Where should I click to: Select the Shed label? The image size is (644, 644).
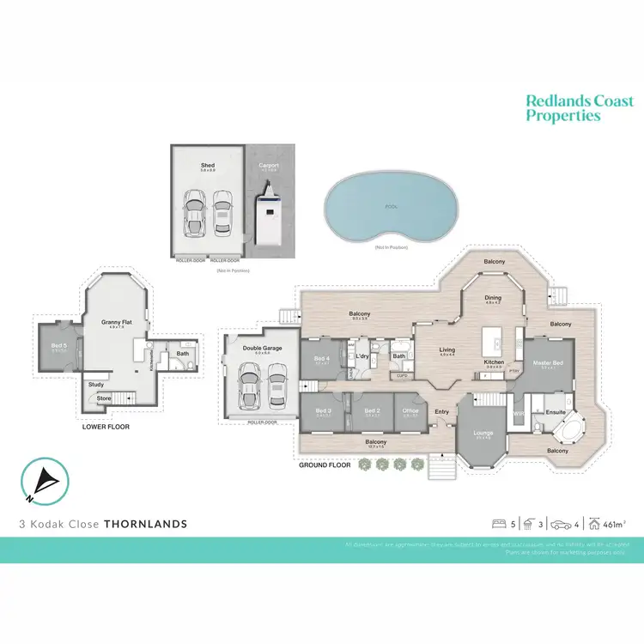point(208,165)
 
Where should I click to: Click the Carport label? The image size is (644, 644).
point(270,165)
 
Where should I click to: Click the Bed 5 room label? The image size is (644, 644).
point(58,346)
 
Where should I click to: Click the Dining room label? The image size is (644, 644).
point(493,297)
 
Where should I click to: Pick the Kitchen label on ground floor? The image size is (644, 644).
point(494,362)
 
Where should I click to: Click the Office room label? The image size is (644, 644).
point(410,410)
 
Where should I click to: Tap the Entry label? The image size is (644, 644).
point(442,411)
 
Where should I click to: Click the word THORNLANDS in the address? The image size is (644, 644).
point(145,523)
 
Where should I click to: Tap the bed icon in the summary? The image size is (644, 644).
point(497,523)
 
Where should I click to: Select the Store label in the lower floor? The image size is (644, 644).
point(104,398)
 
